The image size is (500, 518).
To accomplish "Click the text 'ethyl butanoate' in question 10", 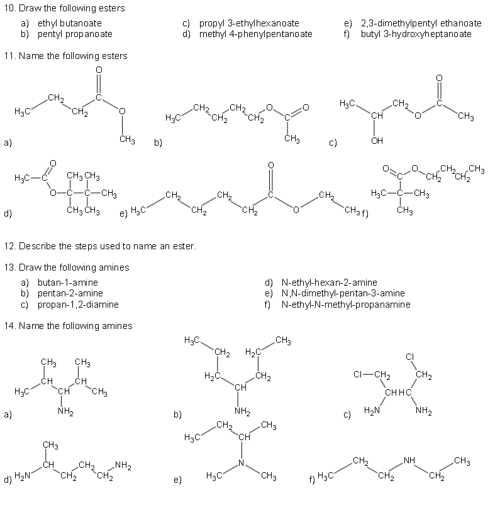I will pos(70,23).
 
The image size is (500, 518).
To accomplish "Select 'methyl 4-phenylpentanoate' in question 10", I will pos(255,33).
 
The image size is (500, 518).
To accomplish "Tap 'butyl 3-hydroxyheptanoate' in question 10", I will pos(416,33).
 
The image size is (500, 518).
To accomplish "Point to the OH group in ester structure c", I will pos(377,141).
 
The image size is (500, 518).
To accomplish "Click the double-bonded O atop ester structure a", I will pos(98,70).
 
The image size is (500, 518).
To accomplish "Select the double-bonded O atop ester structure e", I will pos(271,165).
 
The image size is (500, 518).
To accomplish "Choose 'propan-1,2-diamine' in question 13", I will pos(78,305).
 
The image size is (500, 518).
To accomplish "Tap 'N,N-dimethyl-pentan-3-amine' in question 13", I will pos(343,293).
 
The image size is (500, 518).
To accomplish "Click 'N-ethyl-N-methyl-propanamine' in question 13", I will pos(346,305).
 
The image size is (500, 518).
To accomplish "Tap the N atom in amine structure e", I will pos(241,463).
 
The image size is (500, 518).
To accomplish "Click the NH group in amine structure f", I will pos(409,460).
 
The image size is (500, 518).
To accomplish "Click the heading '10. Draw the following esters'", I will pos(64,8).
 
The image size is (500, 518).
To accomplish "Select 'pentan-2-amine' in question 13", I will pos(70,293).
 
